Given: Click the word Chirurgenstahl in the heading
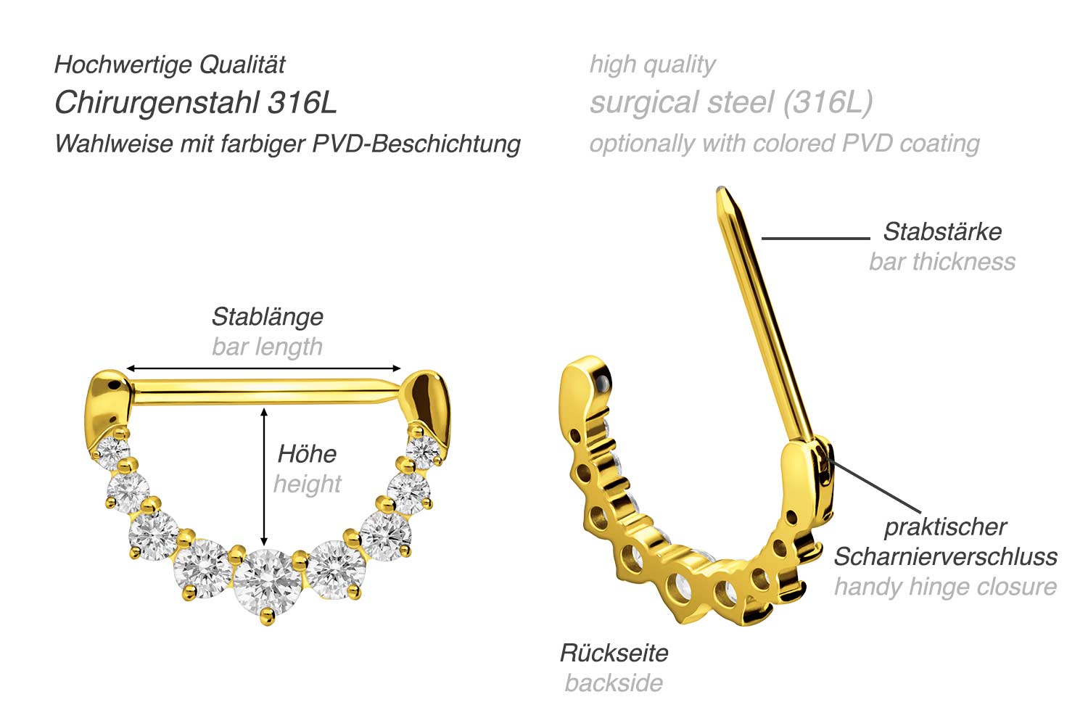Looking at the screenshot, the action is (157, 104).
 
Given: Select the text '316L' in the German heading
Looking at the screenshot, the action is (302, 102).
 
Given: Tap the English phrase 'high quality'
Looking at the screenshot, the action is (652, 65).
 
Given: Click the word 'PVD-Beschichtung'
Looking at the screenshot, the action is (416, 144).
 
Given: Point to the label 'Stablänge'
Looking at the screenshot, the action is (268, 317).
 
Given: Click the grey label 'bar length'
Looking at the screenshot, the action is (267, 347).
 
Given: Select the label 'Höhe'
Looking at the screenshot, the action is (307, 454).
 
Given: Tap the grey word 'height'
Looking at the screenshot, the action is (308, 484).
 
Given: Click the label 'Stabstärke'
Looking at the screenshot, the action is (942, 231).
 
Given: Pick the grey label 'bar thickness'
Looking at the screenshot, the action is (942, 262).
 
